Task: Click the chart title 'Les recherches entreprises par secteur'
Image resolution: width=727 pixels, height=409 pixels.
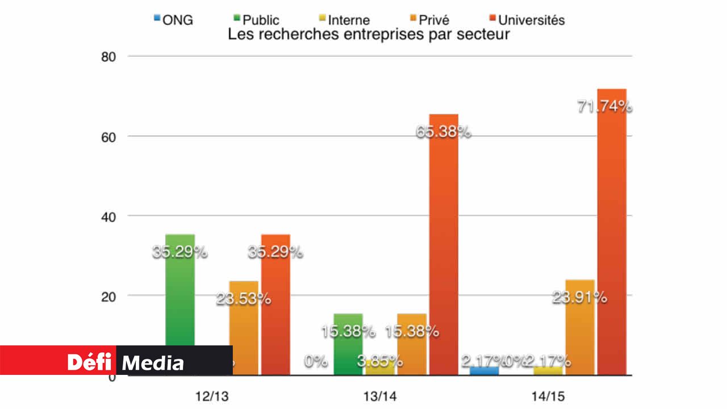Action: coord(369,35)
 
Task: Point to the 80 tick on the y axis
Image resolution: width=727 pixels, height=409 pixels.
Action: coord(108,57)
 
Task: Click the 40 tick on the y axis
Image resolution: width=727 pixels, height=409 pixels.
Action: coord(108,216)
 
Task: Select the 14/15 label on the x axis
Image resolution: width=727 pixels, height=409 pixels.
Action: coord(549,395)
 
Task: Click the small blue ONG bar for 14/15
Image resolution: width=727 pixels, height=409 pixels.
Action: coord(484,370)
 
